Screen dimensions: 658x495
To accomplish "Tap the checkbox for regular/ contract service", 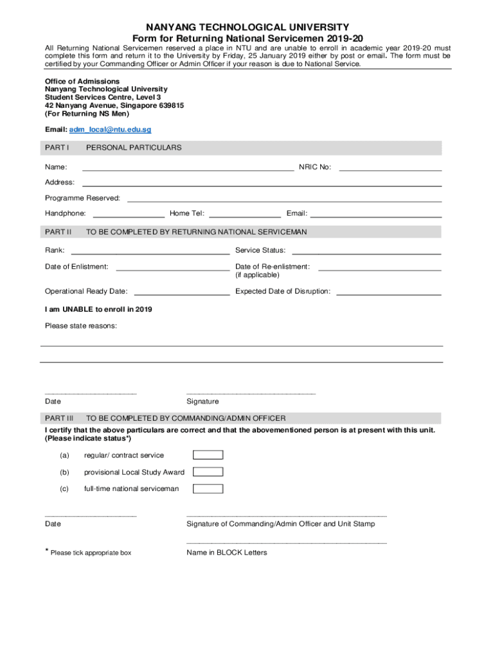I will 208,455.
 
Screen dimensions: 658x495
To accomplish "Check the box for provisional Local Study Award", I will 208,472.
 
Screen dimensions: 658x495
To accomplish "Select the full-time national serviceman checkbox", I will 208,489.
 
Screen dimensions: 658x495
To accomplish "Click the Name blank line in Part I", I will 188,168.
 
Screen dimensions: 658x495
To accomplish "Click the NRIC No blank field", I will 390,168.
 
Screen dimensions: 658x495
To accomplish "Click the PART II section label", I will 58,231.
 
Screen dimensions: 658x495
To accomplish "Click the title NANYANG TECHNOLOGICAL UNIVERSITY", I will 248,28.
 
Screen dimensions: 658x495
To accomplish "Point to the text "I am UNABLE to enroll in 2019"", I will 98,309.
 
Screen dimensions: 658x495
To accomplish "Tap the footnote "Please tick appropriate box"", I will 91,553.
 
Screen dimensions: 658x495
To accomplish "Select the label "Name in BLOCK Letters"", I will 226,552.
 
